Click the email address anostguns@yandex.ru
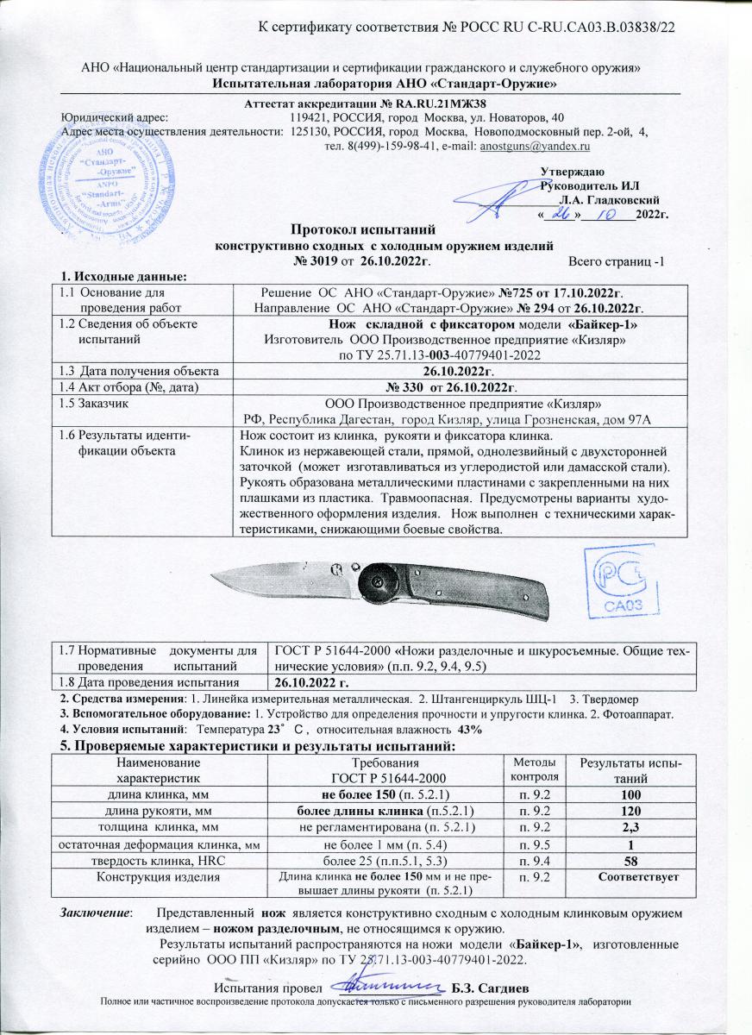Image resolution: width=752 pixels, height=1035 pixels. pos(539,147)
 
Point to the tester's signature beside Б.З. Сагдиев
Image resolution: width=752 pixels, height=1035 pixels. pos(392,983)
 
